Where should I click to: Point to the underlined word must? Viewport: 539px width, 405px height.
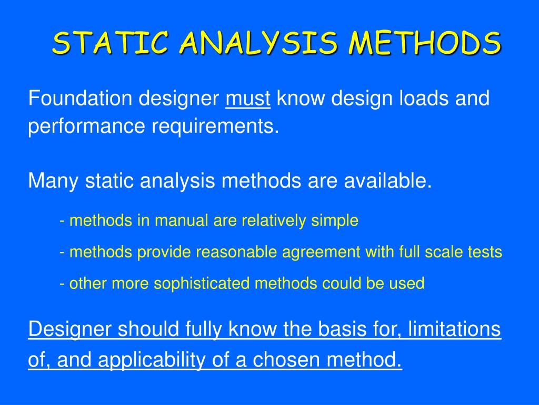point(248,99)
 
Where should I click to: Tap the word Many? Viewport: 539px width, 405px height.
point(53,181)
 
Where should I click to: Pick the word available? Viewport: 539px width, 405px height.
point(388,181)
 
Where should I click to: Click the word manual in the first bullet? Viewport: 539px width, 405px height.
point(182,220)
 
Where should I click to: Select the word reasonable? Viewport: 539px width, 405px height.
point(236,252)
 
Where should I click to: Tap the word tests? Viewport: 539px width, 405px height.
point(484,252)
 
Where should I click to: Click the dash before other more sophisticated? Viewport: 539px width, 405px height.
point(63,284)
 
